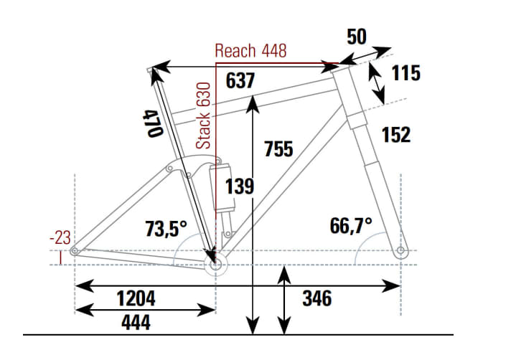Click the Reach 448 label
point(250,50)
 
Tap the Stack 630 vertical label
point(205,115)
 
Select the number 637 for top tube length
point(240,81)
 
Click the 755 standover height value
point(278,149)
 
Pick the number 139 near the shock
point(240,186)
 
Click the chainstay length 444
point(136,323)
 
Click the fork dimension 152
point(396,134)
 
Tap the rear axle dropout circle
point(75,250)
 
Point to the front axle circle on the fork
point(400,250)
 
